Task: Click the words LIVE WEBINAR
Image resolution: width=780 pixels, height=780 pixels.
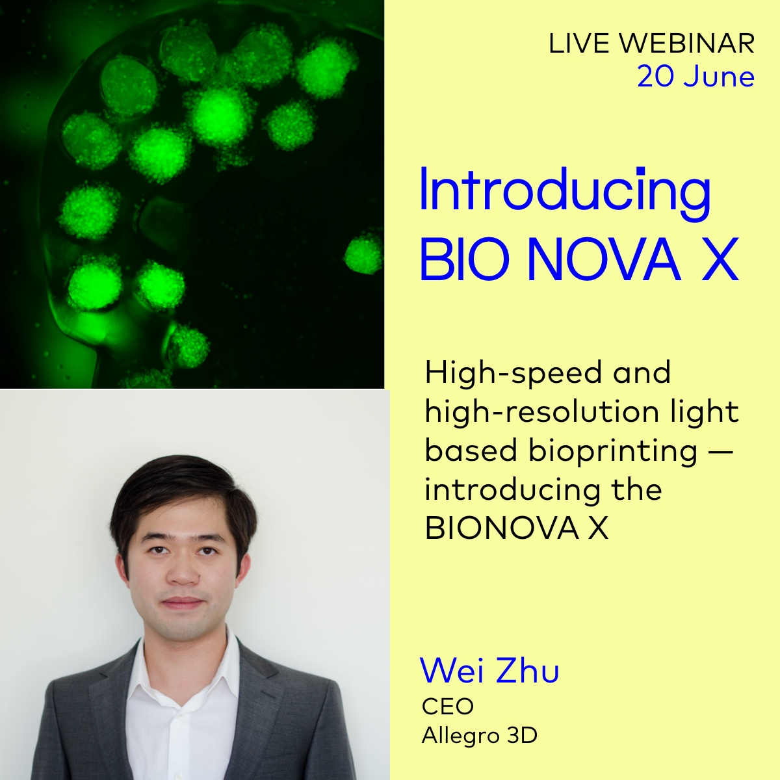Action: (651, 44)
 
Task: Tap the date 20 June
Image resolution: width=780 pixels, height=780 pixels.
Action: (695, 77)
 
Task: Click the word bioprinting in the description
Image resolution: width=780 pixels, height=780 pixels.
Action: (613, 450)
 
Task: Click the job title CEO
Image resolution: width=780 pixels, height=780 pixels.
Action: (448, 707)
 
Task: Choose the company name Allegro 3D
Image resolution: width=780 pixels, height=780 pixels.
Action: (480, 736)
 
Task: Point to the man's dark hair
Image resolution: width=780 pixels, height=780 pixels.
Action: (182, 494)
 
